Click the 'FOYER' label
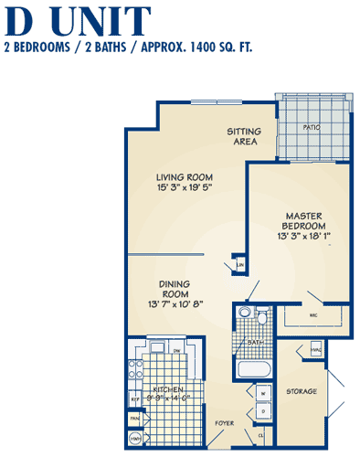(x=225, y=424)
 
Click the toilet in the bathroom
(x=262, y=319)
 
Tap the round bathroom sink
(x=244, y=314)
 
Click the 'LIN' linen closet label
(x=239, y=265)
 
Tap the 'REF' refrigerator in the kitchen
(x=133, y=399)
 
